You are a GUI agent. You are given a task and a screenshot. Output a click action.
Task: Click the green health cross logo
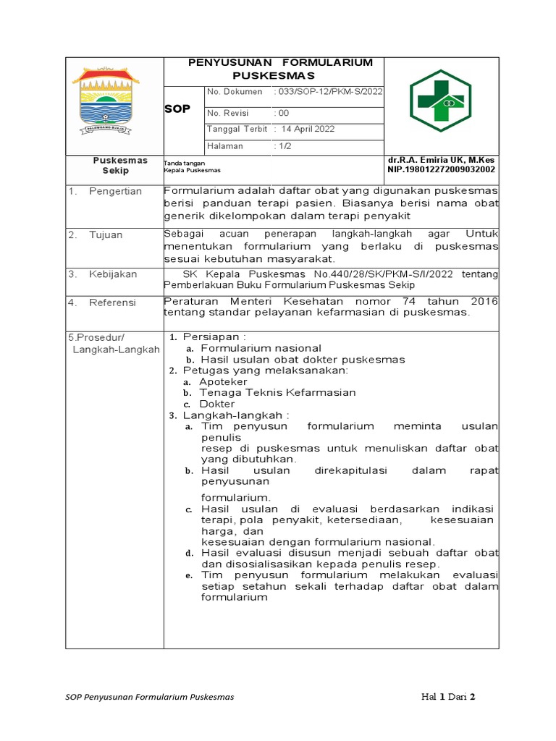click(x=440, y=100)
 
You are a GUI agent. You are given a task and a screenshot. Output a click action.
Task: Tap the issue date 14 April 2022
click(x=308, y=129)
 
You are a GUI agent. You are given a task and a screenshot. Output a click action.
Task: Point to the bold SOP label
click(x=177, y=109)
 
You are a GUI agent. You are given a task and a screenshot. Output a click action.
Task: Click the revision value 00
click(x=282, y=113)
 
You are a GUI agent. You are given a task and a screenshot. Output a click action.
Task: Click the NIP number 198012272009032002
click(x=442, y=170)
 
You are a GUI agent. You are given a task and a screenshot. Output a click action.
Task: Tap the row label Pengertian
click(x=115, y=191)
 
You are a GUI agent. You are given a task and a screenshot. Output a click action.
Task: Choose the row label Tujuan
click(x=106, y=234)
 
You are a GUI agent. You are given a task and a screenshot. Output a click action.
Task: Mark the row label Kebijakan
click(x=113, y=274)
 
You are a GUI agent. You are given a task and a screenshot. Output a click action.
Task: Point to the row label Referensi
click(x=112, y=302)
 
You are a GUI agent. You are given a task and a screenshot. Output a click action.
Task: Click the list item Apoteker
click(x=223, y=381)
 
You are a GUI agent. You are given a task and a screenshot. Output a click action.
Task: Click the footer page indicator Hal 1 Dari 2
click(x=448, y=698)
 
